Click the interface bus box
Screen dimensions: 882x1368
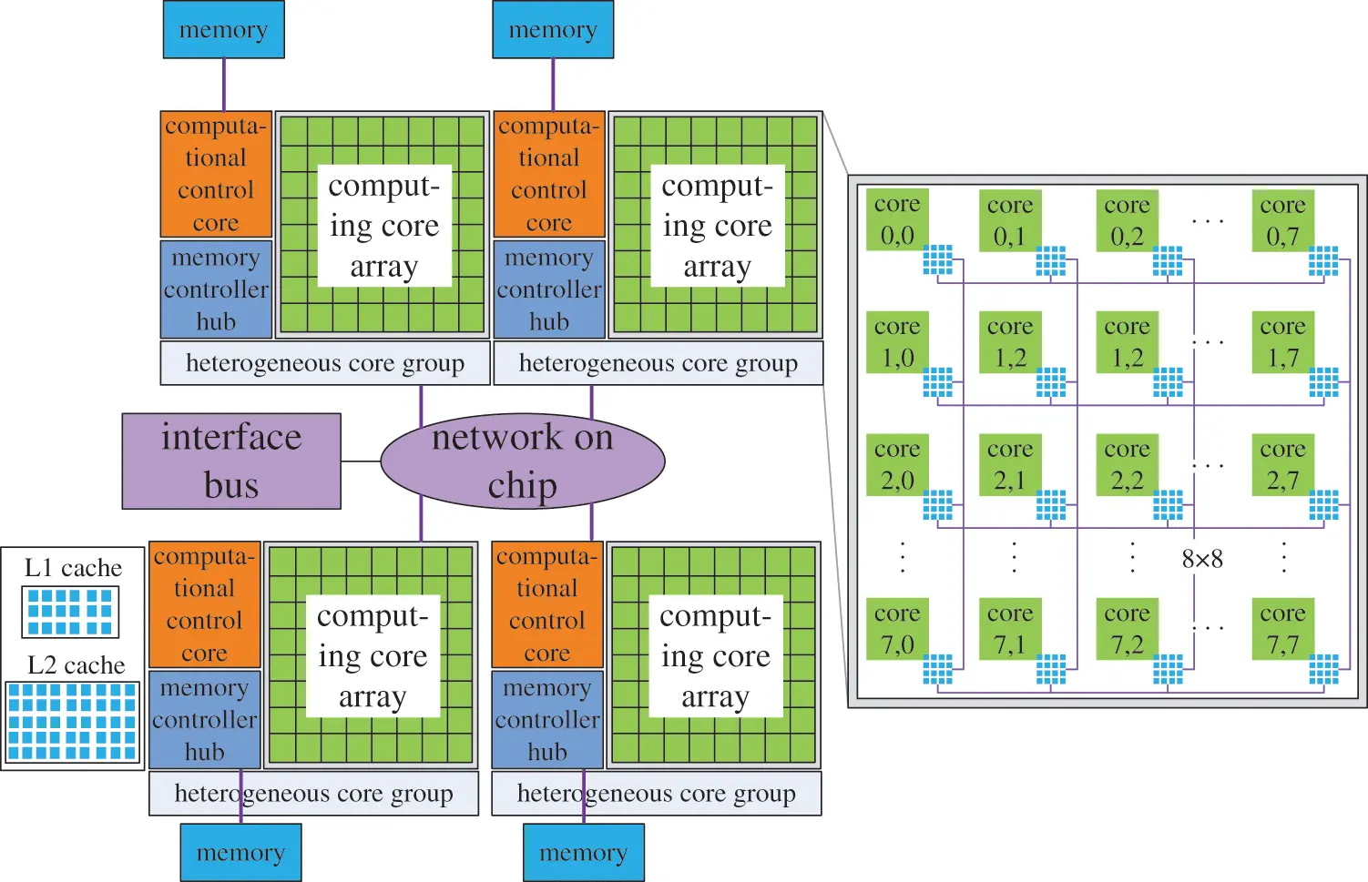click(231, 461)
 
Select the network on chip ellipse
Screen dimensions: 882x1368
click(522, 461)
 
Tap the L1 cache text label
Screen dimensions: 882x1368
click(73, 568)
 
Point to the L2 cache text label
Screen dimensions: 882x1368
click(76, 665)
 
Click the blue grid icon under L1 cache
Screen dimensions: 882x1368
click(70, 612)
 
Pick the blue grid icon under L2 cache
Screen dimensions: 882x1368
click(72, 722)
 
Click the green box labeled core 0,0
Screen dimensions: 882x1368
click(897, 220)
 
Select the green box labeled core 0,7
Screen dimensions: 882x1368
click(1282, 220)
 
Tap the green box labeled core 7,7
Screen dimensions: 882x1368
click(1282, 629)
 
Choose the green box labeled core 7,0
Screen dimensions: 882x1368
click(897, 629)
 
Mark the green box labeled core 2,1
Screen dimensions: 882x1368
click(1010, 465)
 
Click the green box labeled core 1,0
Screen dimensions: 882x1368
click(897, 342)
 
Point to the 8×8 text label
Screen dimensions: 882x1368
click(1202, 559)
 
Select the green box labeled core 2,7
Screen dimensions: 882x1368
click(1282, 465)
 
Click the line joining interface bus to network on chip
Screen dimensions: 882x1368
click(361, 461)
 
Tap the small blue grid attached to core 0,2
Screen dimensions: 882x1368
click(1168, 260)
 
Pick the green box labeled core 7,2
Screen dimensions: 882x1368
click(1127, 629)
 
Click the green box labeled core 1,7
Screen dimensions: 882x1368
click(1282, 342)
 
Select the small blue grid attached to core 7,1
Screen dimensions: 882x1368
click(1051, 669)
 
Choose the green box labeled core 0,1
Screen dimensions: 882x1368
click(1010, 220)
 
